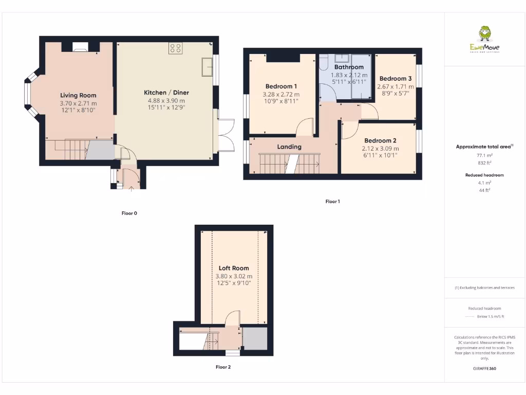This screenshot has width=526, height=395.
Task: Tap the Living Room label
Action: coord(78,95)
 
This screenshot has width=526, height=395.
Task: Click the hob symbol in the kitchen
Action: coord(175,48)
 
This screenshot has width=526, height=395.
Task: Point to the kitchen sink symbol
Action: coord(208,66)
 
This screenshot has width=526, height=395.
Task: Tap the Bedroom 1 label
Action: coord(281,86)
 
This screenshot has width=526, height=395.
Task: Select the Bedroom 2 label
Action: coord(380,140)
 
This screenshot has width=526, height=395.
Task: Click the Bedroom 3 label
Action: coord(396,79)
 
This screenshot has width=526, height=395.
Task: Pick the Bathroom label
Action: coord(349,67)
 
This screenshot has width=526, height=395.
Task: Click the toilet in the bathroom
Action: coord(324,62)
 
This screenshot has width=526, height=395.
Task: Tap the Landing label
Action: coord(289,147)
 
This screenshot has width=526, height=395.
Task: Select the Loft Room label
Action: coord(234,268)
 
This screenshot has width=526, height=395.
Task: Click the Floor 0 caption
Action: coord(129,213)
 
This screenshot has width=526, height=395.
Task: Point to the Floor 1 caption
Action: coord(332,202)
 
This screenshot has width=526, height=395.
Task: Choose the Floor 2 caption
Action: coord(223,367)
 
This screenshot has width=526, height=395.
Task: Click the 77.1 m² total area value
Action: coord(485,154)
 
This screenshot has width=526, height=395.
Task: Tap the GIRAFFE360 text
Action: coord(484,368)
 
